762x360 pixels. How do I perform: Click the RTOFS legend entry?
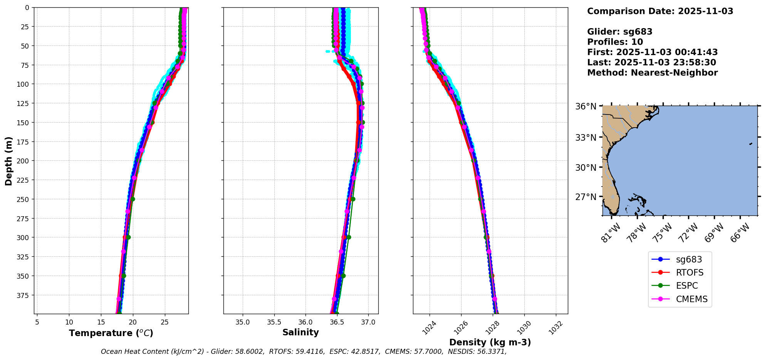point(689,273)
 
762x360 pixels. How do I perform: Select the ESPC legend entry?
point(686,286)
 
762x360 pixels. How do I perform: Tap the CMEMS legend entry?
point(692,299)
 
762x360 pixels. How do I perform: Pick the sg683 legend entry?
point(689,259)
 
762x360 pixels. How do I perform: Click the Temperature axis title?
point(111,333)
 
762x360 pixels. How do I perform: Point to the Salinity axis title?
point(300,332)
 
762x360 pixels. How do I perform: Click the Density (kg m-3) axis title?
point(490,342)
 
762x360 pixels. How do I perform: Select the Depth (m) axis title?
point(8,161)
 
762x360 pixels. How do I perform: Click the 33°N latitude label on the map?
point(586,138)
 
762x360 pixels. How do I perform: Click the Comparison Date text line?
point(660,11)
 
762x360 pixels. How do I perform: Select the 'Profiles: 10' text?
point(615,42)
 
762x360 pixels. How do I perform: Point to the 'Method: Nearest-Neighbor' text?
point(652,73)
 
